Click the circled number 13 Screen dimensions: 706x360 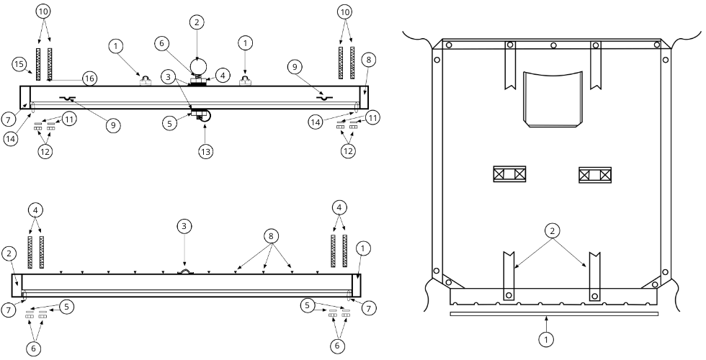coord(205,152)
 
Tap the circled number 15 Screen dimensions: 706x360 coord(19,64)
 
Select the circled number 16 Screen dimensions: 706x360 coord(89,78)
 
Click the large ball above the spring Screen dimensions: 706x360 coord(197,66)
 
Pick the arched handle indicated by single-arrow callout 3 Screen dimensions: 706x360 coord(184,271)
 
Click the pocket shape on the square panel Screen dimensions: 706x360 coord(553,99)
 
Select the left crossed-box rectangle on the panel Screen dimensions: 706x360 coord(510,174)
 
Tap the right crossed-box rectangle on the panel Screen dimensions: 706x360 coord(595,174)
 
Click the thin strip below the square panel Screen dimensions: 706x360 coord(554,314)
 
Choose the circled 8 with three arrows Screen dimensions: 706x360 coord(272,236)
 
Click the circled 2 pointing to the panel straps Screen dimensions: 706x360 coord(552,231)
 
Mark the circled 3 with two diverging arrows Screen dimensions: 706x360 coord(168,78)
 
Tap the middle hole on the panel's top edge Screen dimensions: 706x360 coord(553,45)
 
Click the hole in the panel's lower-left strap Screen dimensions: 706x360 coord(509,295)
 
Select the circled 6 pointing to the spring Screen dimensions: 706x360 coord(163,44)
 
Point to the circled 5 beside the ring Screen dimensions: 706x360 coord(169,124)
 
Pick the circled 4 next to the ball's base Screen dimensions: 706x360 coord(223,75)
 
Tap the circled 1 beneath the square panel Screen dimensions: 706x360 coord(546,340)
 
